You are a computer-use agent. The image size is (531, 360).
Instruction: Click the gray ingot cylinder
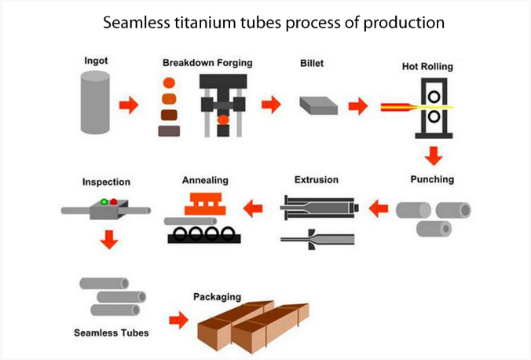coord(95,102)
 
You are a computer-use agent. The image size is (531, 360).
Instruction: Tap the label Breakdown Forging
coord(207,63)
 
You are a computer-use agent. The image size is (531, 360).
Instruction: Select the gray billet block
coord(318,105)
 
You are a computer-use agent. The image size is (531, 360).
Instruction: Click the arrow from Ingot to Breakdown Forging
coord(129,105)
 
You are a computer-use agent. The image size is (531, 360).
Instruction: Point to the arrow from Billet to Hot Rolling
coord(358,106)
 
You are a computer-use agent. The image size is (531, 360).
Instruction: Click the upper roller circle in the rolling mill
coord(434,97)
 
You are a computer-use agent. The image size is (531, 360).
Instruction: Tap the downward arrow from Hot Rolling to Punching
coord(434,156)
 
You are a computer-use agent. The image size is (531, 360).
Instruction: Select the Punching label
coord(432,179)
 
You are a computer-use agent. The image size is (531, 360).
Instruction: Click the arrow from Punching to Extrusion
coord(379,208)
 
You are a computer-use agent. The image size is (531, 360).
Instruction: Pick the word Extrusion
coord(317,180)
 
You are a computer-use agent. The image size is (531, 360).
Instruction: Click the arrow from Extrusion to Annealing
coord(253,208)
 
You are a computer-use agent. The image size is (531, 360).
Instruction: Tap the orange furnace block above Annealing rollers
coord(205,204)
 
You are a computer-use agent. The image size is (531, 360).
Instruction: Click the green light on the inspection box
coord(104,202)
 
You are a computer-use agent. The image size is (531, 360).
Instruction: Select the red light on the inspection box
coord(114,202)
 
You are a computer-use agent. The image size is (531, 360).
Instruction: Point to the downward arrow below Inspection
coord(109,240)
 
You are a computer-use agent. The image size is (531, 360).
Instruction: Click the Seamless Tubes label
coord(112,332)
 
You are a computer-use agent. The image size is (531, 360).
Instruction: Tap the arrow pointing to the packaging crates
coord(178,320)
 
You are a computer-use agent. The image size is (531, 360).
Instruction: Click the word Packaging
coord(217,297)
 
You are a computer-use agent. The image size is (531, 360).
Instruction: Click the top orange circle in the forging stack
coord(169,83)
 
